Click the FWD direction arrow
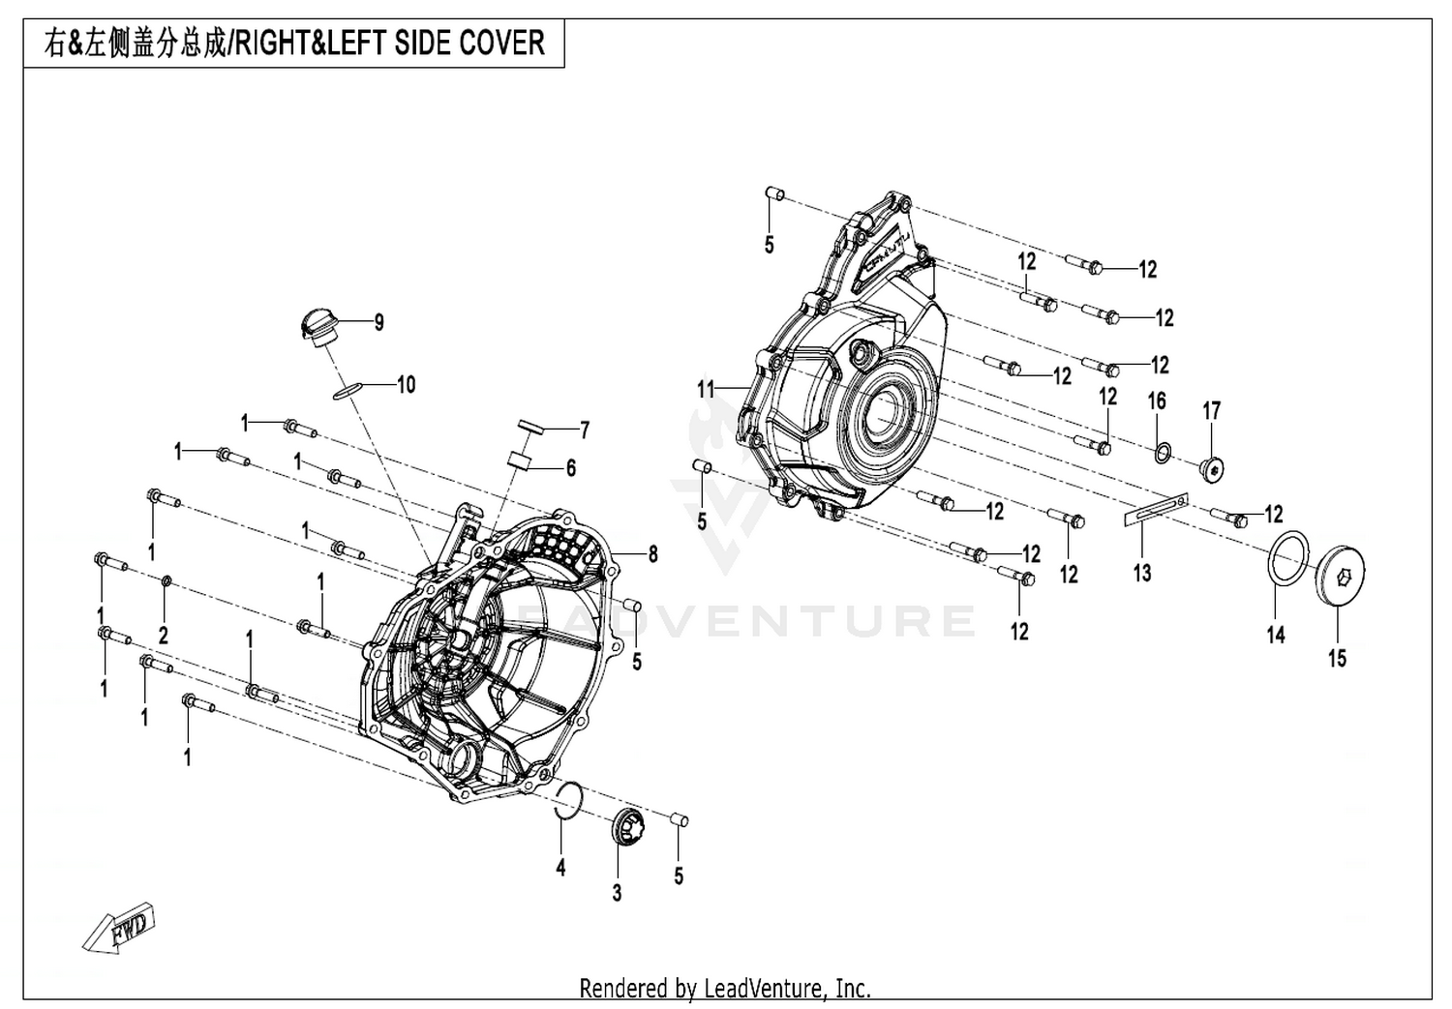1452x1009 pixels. click(119, 927)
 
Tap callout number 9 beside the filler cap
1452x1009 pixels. click(379, 322)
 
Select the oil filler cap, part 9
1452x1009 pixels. click(318, 328)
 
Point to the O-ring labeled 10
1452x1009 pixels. click(347, 391)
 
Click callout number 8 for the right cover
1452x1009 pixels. click(652, 553)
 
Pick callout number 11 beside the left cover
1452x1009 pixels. click(706, 389)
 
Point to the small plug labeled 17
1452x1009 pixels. click(1212, 469)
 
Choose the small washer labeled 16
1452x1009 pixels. click(1163, 453)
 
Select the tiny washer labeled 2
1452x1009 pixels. click(166, 580)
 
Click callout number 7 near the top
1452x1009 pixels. click(585, 430)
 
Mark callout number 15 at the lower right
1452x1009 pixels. click(1337, 659)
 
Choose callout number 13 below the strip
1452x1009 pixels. click(1142, 573)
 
